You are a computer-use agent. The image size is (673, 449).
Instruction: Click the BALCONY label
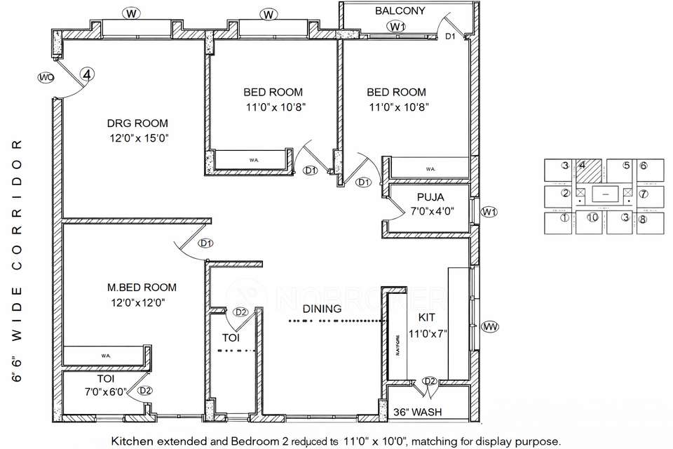coord(400,11)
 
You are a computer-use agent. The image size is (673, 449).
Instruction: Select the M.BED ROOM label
coord(142,287)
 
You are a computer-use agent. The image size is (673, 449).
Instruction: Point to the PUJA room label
coord(430,197)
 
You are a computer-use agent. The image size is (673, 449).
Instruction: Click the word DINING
coord(322,309)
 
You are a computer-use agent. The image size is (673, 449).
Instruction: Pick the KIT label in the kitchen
coord(427,317)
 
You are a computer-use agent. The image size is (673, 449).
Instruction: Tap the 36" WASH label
coord(417,412)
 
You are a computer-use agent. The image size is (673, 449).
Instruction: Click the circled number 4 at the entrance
coord(87,73)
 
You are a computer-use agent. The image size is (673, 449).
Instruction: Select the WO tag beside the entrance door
coord(46,77)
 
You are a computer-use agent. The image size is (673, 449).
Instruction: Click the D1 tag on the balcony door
coord(451,36)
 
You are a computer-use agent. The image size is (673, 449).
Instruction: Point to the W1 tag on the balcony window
coord(397,27)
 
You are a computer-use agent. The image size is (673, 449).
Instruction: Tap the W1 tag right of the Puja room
coord(489,212)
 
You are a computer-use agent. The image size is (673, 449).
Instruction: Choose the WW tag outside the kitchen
coord(490,326)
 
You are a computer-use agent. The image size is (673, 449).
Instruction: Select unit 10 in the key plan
coord(592,217)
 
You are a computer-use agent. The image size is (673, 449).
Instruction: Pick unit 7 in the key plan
coord(643,194)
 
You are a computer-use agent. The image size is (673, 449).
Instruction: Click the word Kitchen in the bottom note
coord(133,441)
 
